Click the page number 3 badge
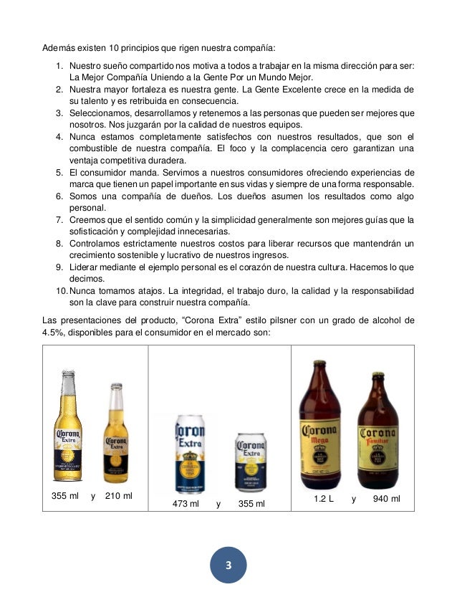click(228, 565)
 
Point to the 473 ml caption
click(186, 504)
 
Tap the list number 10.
click(62, 291)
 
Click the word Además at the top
click(57, 49)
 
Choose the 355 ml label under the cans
click(251, 504)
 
